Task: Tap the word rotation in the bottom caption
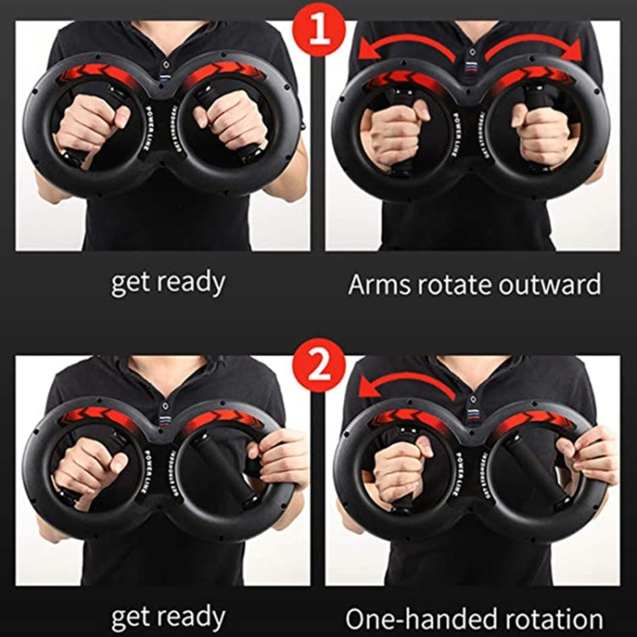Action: [x=548, y=617]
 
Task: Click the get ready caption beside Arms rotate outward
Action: [x=167, y=283]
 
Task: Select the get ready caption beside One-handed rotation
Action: [x=167, y=617]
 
